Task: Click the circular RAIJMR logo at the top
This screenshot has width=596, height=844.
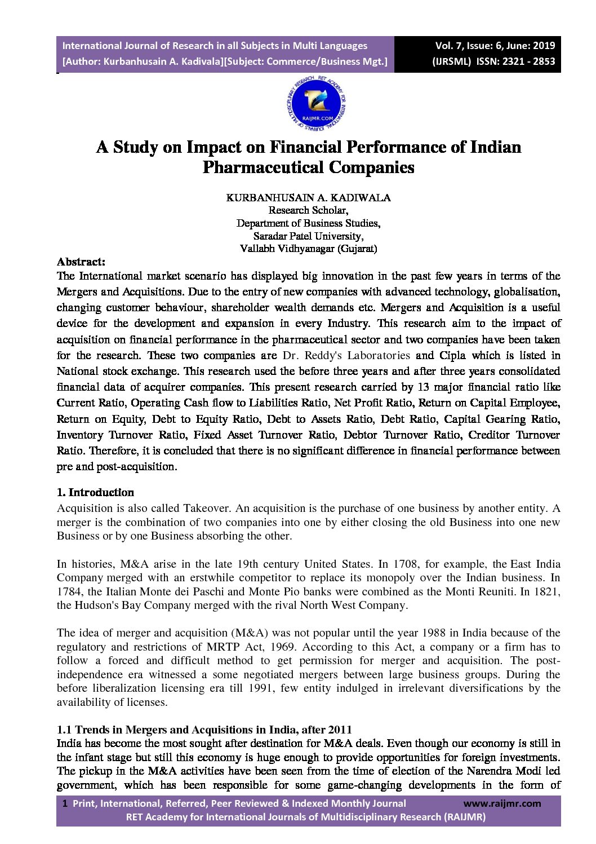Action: (316, 103)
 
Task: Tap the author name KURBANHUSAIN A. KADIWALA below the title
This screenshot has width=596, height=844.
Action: (308, 197)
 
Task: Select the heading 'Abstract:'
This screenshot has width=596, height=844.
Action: (81, 262)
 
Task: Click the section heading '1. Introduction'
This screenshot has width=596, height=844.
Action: (95, 492)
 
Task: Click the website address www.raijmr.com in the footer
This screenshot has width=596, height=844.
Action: (502, 803)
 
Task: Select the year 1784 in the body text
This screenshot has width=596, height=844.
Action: (69, 591)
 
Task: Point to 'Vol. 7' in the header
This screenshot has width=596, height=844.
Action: (448, 46)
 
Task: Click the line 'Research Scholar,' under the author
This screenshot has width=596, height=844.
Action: (308, 210)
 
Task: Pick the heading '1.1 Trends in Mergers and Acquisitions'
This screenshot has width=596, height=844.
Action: (204, 730)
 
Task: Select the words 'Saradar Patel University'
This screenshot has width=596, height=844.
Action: (308, 236)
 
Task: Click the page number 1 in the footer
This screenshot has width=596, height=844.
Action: (65, 803)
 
